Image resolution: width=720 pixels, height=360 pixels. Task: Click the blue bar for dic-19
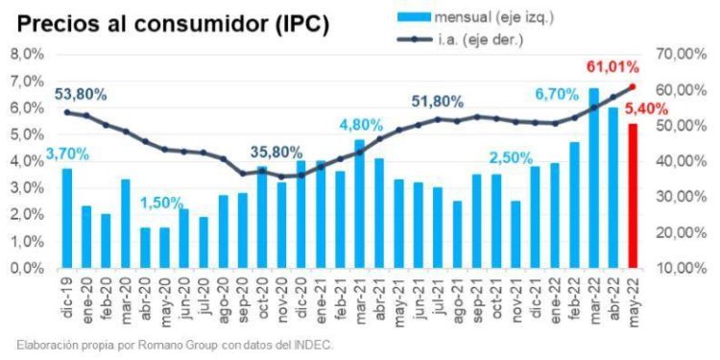coord(67,218)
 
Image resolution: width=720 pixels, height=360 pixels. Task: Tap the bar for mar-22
coord(593,178)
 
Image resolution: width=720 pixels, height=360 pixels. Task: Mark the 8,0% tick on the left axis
coord(26,55)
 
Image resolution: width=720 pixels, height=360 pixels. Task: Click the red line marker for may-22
coord(633,86)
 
